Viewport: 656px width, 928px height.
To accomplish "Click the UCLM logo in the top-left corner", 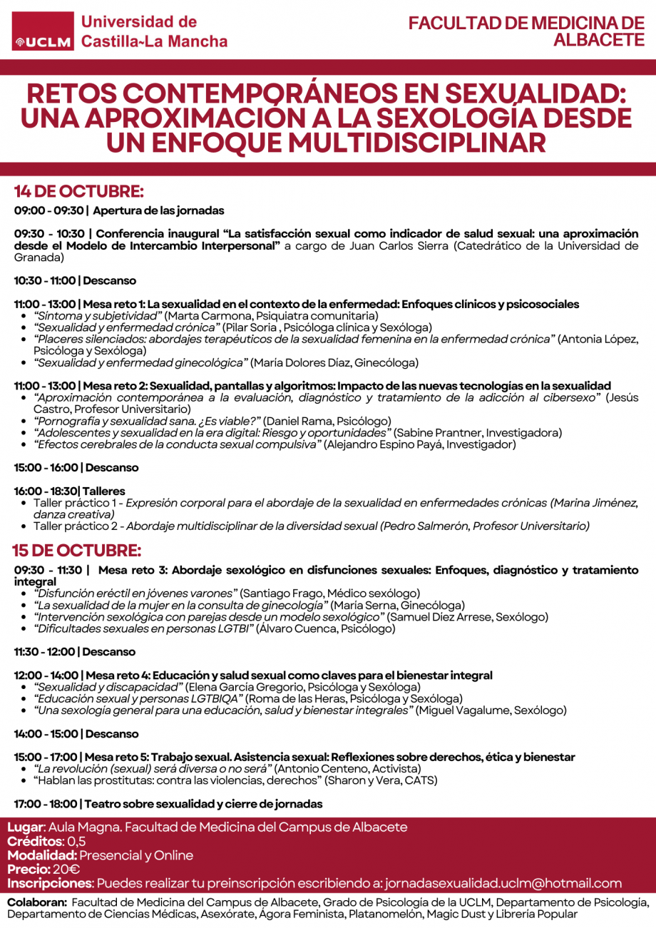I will tap(43, 42).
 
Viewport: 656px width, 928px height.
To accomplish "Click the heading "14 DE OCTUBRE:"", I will tap(79, 192).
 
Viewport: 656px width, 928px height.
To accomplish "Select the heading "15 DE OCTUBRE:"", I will tap(76, 551).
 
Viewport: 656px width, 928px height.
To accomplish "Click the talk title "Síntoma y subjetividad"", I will tap(99, 315).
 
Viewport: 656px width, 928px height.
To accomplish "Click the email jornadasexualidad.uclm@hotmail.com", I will tap(503, 883).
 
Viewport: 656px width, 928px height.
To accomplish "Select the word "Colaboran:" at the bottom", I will tap(37, 902).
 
